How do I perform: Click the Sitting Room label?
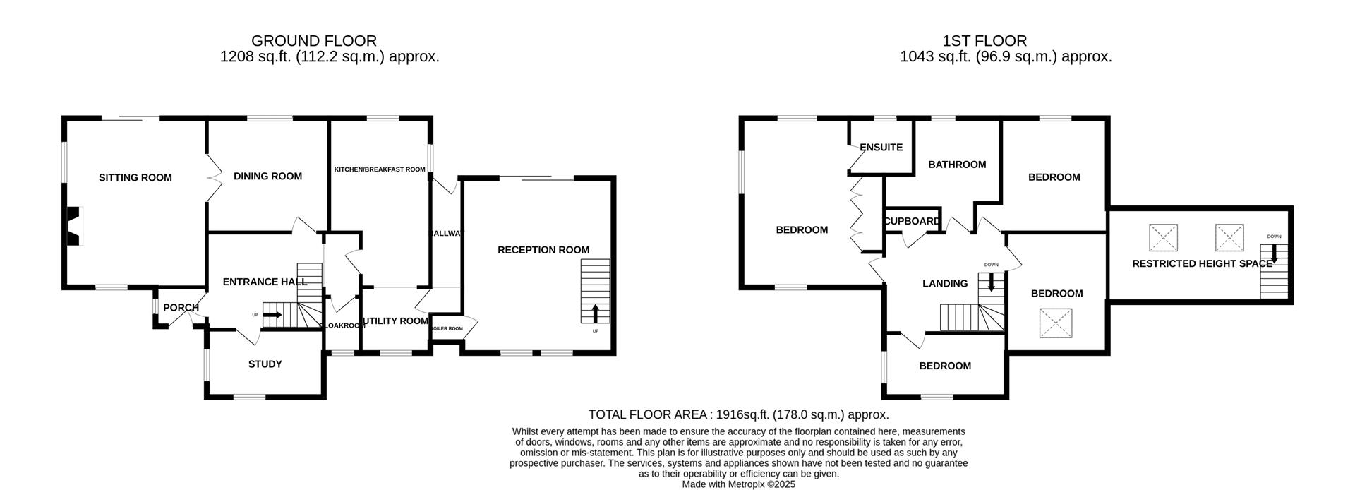coord(135,177)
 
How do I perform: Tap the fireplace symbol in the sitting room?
coord(73,226)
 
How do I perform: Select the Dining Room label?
coord(267,176)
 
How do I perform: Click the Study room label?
coord(265,364)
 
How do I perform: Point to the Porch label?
coord(181,308)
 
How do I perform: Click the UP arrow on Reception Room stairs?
coord(595,313)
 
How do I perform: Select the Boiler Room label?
coord(446,328)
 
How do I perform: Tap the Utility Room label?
coord(395,321)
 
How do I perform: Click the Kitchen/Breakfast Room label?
coord(380,169)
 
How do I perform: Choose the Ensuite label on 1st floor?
coord(881,148)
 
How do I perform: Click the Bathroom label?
coord(957,165)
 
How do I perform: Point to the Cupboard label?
coord(912,221)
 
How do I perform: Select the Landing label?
coord(945,284)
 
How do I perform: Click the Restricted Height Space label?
coord(1202,263)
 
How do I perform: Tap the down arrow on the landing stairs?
coord(991,283)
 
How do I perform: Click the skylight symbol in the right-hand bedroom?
coord(1056,323)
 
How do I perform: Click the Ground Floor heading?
coord(313,41)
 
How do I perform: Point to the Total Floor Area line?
coord(738,415)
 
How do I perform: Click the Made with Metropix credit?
coord(738,484)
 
